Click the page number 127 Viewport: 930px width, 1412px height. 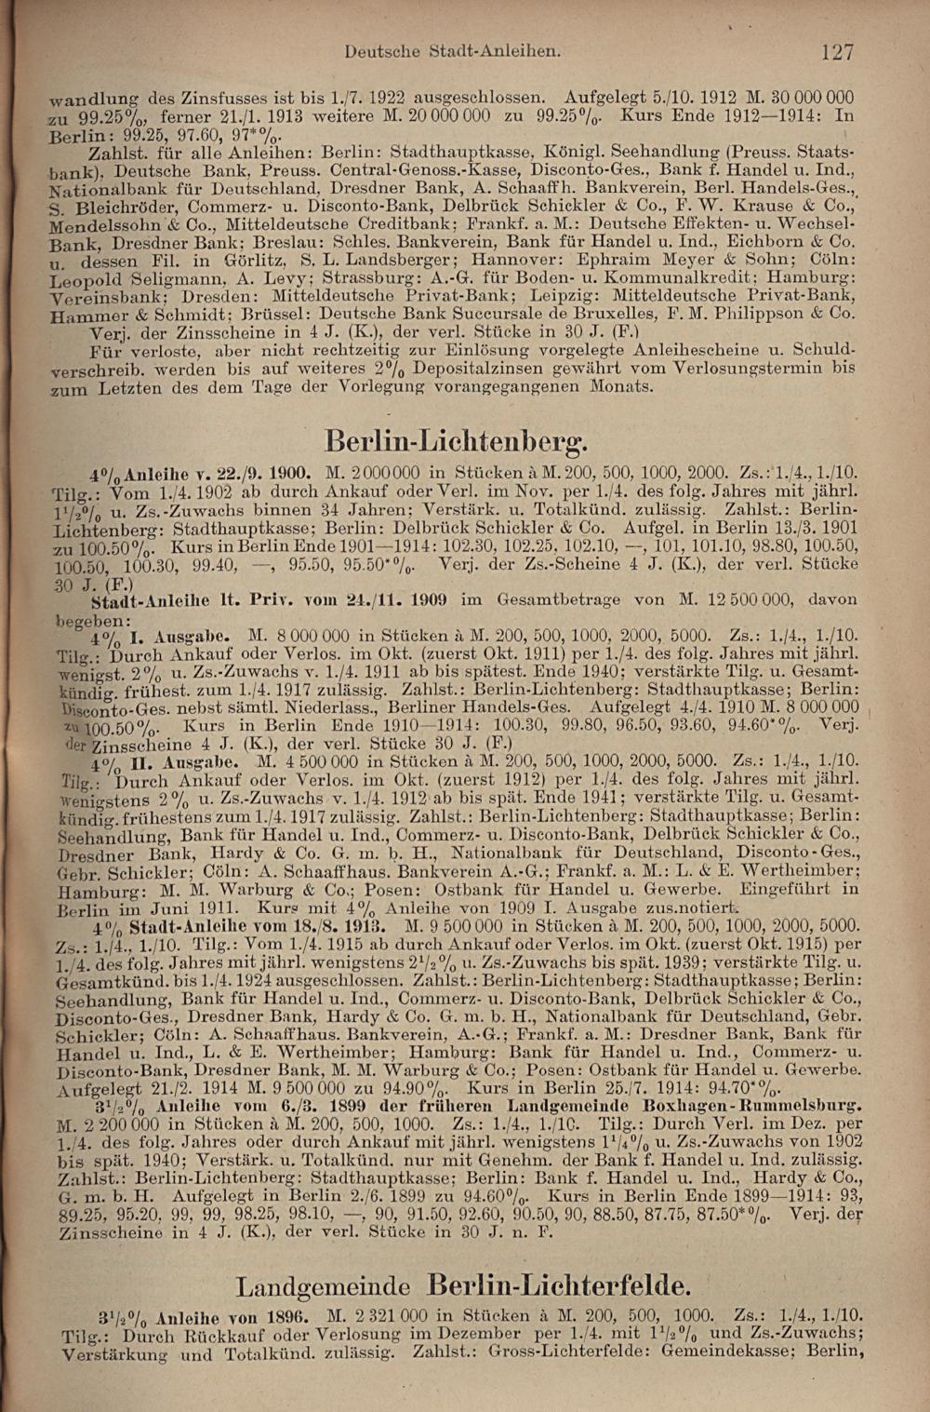[837, 51]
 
